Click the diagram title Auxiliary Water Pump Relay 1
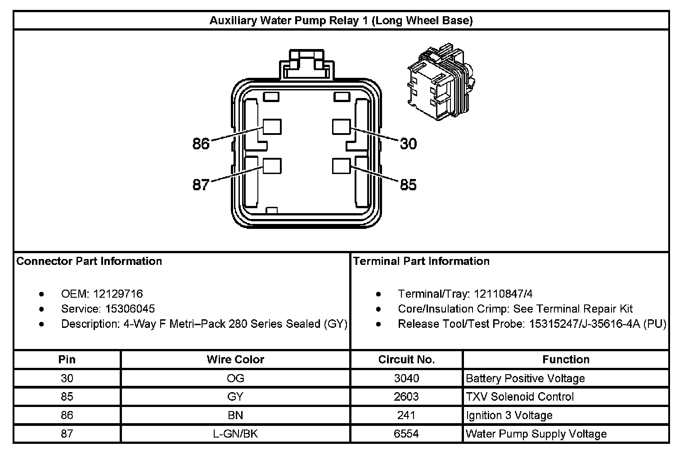tap(341, 21)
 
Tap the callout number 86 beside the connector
tap(201, 143)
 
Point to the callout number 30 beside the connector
tap(408, 143)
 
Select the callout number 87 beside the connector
tap(201, 184)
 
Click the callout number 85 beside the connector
tap(408, 184)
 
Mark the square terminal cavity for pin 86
tap(272, 127)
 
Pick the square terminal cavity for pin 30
tap(341, 127)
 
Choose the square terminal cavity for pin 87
tap(272, 166)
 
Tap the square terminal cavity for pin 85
tap(341, 166)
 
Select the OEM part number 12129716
tap(118, 294)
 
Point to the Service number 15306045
tap(130, 309)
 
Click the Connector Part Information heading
tap(89, 261)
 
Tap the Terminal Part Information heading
tap(421, 261)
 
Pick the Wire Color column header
tap(235, 359)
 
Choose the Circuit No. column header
tap(406, 359)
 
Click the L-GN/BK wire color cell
tap(235, 434)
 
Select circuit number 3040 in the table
tap(406, 378)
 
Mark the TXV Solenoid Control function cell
tap(520, 397)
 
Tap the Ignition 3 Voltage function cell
tap(509, 416)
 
